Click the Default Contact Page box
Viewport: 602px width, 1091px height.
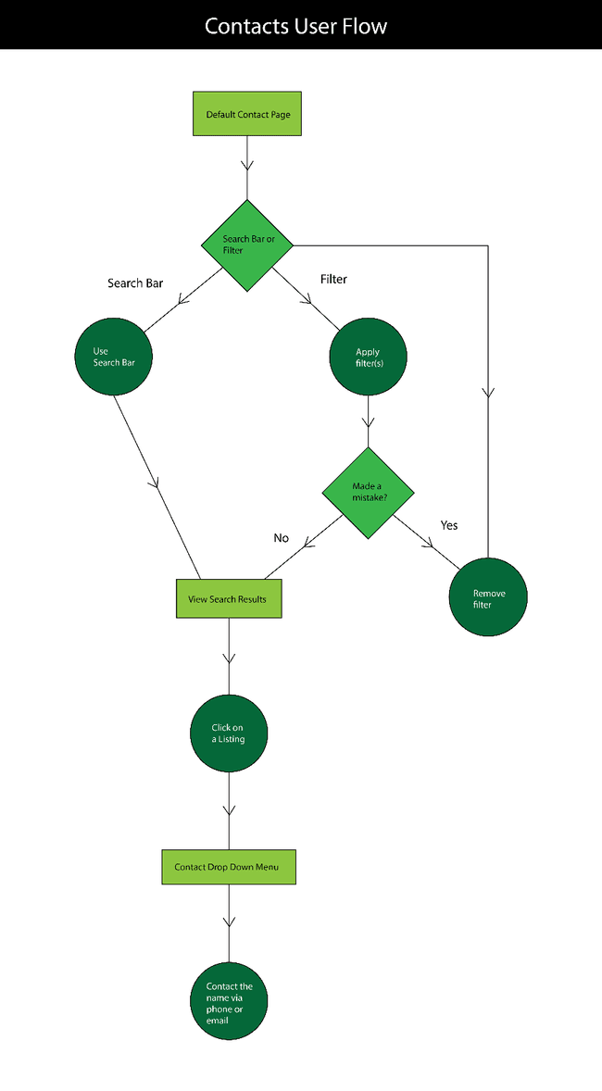[x=247, y=114]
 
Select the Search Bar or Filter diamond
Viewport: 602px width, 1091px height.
[x=247, y=245]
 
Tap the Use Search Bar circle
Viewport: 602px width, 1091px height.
[x=114, y=357]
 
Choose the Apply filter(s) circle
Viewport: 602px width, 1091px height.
[x=369, y=357]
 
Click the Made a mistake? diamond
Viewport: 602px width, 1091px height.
[x=369, y=492]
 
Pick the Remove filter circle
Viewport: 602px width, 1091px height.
[x=488, y=598]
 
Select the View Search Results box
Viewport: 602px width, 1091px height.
[x=228, y=599]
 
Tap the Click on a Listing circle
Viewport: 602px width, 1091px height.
[x=229, y=734]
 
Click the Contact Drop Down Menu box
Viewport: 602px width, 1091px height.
[x=229, y=867]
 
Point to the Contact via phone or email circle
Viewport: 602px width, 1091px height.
[x=229, y=1002]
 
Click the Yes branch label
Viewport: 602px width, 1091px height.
[x=449, y=525]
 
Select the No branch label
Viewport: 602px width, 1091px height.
[x=282, y=538]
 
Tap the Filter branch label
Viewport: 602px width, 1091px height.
[x=333, y=279]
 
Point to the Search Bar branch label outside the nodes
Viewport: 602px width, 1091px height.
[x=135, y=283]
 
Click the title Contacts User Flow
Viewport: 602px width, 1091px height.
[x=296, y=26]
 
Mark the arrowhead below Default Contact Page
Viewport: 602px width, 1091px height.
[x=247, y=166]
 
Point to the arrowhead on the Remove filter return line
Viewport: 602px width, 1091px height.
[x=488, y=393]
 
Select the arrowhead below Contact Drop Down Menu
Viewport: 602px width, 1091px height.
[x=228, y=922]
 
